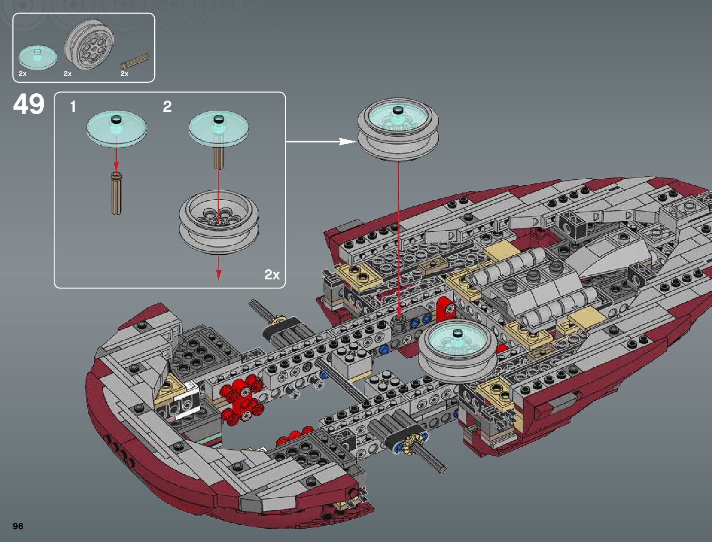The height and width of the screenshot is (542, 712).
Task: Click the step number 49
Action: tap(29, 104)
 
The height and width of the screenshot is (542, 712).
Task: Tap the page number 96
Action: tap(18, 526)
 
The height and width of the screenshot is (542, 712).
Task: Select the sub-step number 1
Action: tap(73, 106)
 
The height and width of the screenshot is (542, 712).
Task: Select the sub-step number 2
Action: tap(167, 106)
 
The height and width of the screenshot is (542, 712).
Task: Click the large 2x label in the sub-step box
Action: tap(272, 274)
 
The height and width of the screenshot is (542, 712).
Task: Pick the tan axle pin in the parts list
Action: tap(135, 61)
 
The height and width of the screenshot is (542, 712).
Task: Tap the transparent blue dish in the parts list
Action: tap(38, 58)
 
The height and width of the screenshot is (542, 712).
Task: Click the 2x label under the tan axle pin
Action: tap(124, 74)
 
